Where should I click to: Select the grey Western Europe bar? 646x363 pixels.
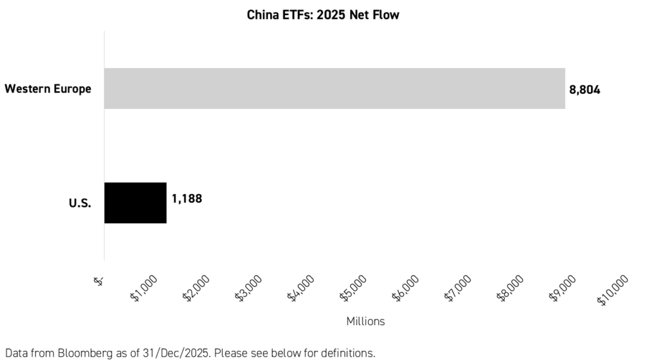[334, 88]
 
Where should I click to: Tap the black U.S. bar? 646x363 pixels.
[135, 203]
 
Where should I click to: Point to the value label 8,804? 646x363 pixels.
[585, 89]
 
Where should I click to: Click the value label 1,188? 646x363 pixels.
[187, 199]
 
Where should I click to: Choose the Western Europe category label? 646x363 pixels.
[48, 89]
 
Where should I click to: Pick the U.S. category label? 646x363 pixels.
[81, 203]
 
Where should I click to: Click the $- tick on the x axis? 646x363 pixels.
[99, 282]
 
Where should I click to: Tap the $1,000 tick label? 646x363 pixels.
[145, 289]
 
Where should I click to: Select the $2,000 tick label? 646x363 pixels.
[197, 289]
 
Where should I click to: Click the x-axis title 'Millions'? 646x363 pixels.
[365, 321]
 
